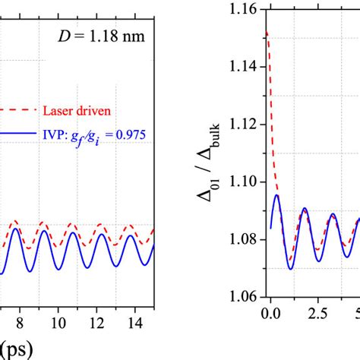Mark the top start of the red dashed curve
[x=266, y=33]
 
